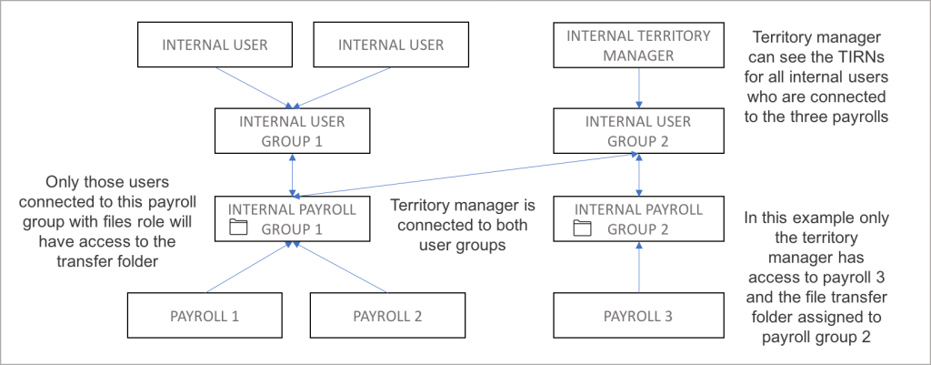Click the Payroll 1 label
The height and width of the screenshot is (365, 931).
205,317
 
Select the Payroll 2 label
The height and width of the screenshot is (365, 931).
388,317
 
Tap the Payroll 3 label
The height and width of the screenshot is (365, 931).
639,317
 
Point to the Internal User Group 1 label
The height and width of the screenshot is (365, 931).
292,131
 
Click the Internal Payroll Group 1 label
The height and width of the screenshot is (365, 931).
292,218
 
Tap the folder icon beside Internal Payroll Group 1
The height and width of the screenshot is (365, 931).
238,228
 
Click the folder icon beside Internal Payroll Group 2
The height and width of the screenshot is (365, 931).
582,228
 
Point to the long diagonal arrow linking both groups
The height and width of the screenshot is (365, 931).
464,175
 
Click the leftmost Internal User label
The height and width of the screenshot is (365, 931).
215,45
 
